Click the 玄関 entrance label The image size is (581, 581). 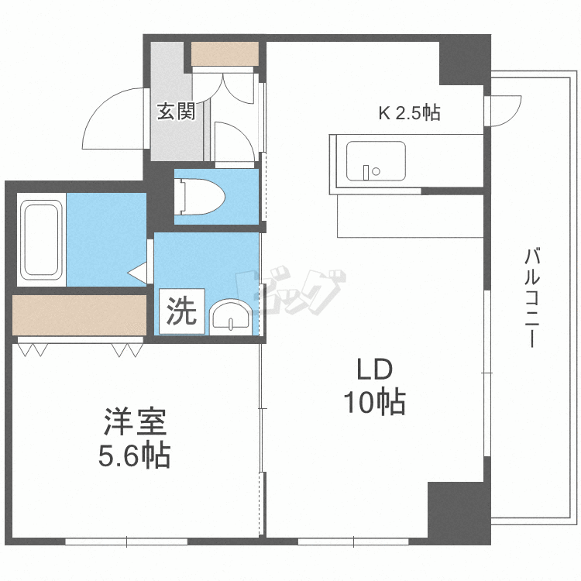(176, 112)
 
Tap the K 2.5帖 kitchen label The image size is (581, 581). (409, 113)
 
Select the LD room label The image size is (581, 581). (375, 369)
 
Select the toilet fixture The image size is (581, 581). (201, 197)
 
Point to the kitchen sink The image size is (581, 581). (375, 160)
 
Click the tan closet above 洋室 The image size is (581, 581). (80, 315)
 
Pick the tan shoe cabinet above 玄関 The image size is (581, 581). (225, 54)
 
